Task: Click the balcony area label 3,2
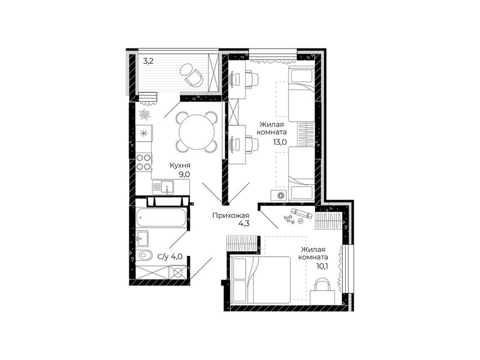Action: (149, 61)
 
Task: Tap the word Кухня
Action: (180, 166)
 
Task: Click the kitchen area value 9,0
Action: (184, 174)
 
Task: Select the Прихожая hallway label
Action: (231, 216)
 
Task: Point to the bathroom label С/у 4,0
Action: (170, 256)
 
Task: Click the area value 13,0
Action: (280, 142)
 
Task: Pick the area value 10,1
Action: (322, 266)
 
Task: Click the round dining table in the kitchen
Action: (197, 132)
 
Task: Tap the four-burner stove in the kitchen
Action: (143, 162)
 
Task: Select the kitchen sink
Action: (163, 187)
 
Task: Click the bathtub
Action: (161, 218)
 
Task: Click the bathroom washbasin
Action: (142, 238)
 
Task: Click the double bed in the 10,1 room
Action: (261, 280)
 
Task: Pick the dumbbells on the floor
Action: (290, 219)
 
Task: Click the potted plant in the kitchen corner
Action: (144, 115)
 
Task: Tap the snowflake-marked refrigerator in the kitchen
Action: (144, 133)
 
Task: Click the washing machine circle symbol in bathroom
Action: (178, 273)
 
